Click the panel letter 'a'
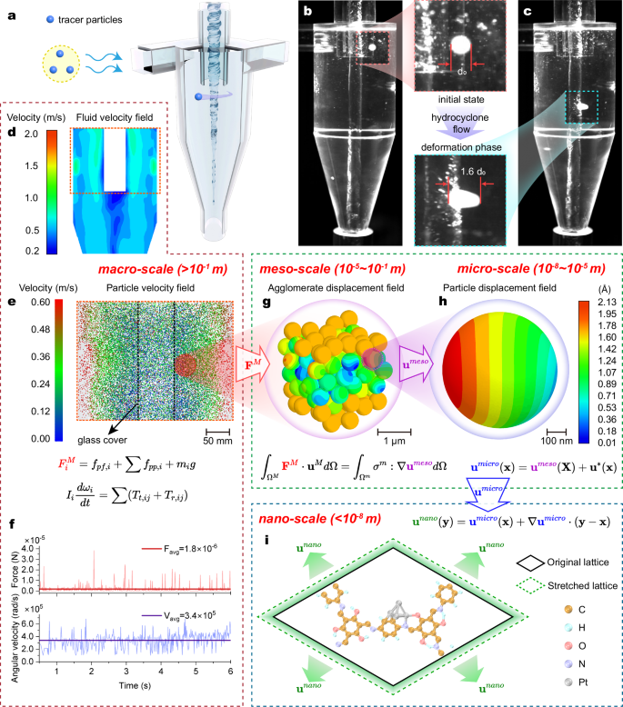(9, 12)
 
